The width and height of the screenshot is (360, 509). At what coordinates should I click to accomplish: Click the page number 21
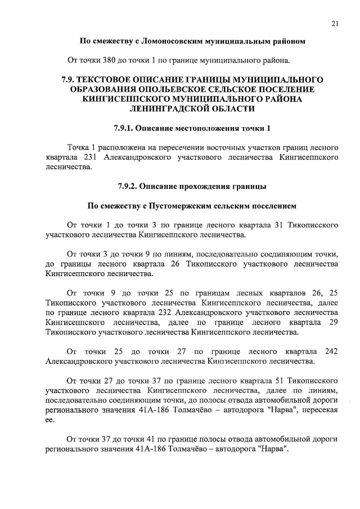pos(335,23)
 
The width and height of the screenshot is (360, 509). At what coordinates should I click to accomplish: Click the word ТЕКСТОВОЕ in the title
pos(118,79)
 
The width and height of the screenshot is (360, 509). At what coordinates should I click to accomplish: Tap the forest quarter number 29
pos(332,322)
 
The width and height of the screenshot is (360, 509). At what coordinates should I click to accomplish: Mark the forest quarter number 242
pos(331,352)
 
